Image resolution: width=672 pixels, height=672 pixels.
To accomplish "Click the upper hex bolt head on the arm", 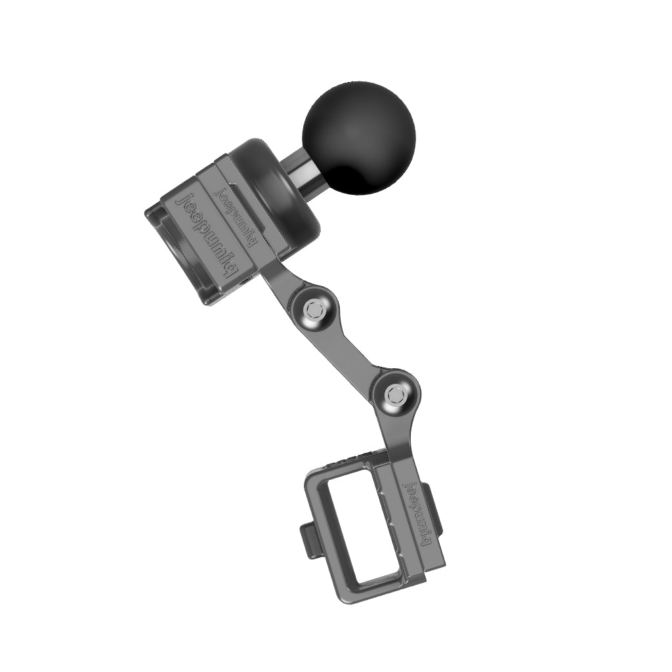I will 314,308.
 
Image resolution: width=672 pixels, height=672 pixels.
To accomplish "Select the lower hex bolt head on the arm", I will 395,394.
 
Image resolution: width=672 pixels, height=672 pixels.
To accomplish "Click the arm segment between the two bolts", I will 354,351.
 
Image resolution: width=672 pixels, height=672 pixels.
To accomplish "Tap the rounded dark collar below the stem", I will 289,190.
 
